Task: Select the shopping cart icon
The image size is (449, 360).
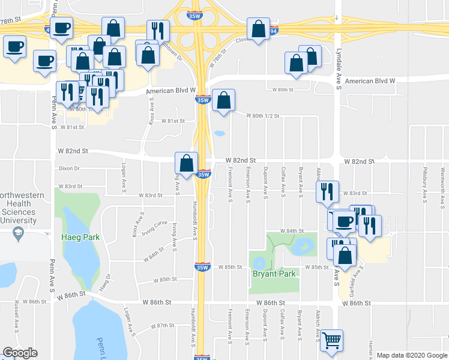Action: tap(331, 341)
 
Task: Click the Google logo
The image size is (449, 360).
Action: tap(20, 353)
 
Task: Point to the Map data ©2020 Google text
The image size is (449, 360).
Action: tap(412, 355)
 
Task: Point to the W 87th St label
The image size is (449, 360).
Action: tap(161, 325)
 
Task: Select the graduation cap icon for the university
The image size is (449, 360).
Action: tap(19, 233)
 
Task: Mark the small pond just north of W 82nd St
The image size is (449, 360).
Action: tap(220, 133)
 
